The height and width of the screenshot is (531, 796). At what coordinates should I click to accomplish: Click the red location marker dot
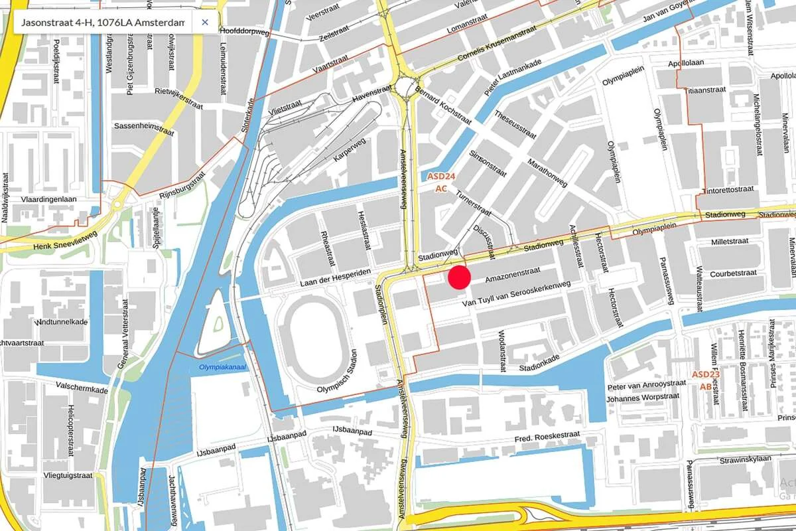pos(459,277)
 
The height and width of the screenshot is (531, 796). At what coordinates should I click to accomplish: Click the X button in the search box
pos(205,23)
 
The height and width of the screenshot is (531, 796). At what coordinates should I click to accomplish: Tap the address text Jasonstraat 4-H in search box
pos(102,23)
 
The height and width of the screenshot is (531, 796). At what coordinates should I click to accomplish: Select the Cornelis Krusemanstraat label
pos(485,54)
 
